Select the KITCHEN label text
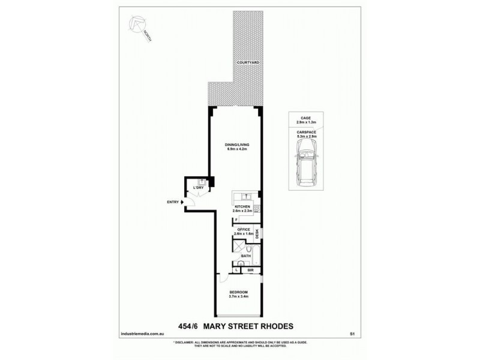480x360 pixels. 242,206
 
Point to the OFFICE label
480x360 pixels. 242,229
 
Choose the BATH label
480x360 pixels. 245,256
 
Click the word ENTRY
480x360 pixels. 173,202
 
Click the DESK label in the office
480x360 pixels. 257,235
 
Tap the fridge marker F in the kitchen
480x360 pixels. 236,220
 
